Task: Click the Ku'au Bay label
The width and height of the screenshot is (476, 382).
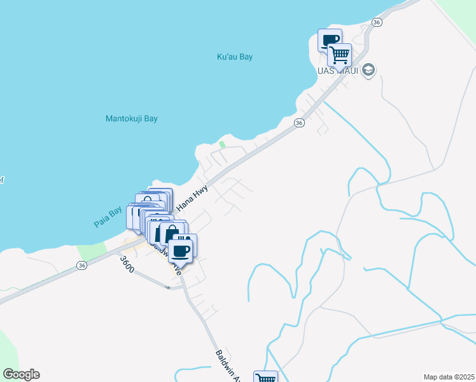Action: (235, 57)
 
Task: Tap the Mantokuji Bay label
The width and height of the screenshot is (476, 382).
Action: (131, 118)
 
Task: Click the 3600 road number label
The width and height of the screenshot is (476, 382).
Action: (127, 265)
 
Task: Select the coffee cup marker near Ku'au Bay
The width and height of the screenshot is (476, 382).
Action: (330, 41)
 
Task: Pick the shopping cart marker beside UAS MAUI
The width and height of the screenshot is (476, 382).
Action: (340, 54)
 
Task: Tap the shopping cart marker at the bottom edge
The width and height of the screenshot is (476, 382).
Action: (265, 378)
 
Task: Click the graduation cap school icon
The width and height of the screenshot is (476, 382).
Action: (368, 70)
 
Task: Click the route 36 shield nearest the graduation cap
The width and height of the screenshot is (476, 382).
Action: (377, 22)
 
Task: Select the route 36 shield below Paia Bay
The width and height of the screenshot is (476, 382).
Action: (81, 265)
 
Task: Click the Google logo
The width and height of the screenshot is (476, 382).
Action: (21, 374)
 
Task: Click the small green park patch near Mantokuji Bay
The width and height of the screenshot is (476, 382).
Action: (222, 145)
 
